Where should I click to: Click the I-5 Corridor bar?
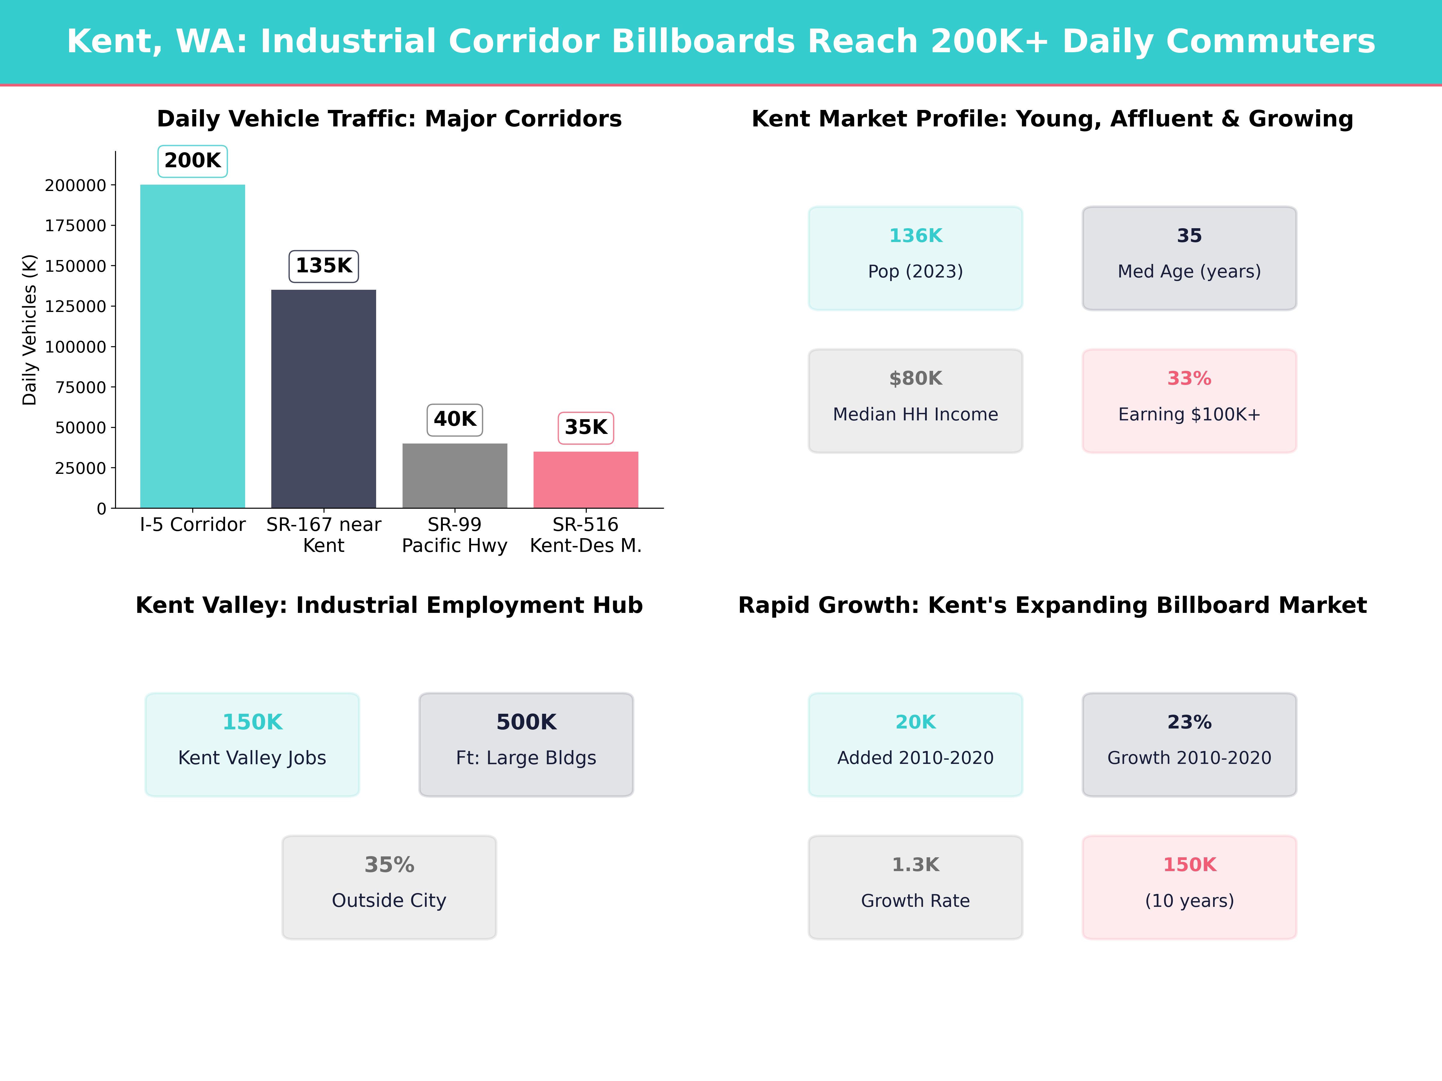coord(192,345)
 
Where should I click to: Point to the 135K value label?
coord(323,266)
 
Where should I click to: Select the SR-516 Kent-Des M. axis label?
coord(586,535)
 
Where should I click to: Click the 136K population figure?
coord(915,236)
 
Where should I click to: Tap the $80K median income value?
coord(915,379)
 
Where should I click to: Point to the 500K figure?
coord(526,722)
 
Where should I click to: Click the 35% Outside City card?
coord(389,888)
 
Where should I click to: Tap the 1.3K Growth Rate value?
coord(915,865)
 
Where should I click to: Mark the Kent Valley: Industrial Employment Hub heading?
coord(389,605)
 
